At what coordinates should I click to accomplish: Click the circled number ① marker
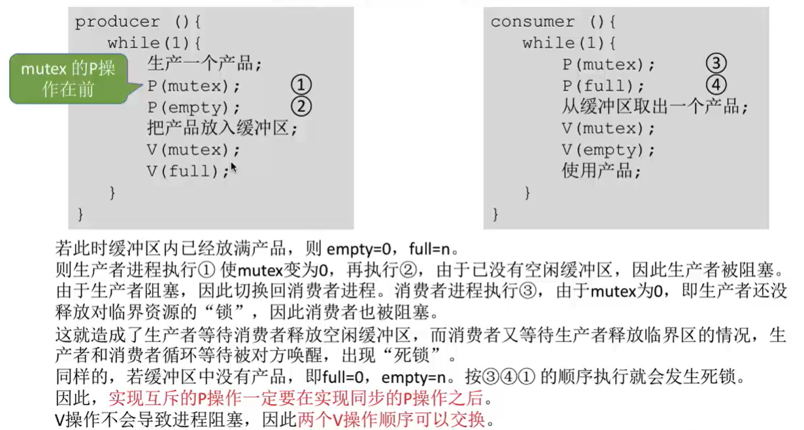[301, 85]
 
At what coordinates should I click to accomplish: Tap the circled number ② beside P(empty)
[301, 106]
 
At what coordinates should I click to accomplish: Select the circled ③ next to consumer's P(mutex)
[716, 64]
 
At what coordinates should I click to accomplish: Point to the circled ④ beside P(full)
[716, 85]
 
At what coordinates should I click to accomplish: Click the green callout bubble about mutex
[68, 79]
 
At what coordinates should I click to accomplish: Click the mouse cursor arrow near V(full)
[233, 168]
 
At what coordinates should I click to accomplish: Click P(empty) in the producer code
[193, 107]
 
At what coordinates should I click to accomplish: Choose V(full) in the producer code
[188, 171]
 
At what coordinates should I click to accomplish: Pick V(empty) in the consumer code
[608, 150]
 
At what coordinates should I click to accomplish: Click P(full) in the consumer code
[603, 86]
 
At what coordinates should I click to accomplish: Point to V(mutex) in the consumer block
[608, 128]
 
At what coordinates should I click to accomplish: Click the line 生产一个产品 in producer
[204, 64]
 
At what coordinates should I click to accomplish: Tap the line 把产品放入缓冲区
[222, 128]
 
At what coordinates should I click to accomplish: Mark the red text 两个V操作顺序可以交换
[392, 419]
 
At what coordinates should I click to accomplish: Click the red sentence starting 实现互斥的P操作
[300, 398]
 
